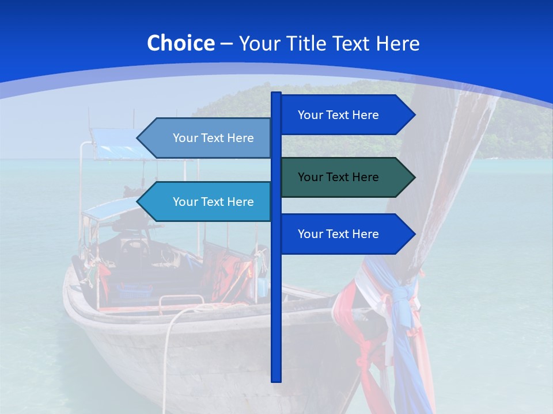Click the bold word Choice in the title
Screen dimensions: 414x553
tap(180, 44)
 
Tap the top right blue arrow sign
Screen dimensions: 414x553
tap(346, 115)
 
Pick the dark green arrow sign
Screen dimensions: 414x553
tap(346, 177)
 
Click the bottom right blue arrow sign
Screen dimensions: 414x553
tap(346, 234)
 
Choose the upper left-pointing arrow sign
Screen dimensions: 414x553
tap(207, 138)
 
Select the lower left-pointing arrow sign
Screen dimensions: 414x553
tap(207, 202)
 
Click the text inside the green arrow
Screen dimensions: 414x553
tap(338, 177)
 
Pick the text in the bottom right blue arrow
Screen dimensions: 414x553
tap(338, 234)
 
